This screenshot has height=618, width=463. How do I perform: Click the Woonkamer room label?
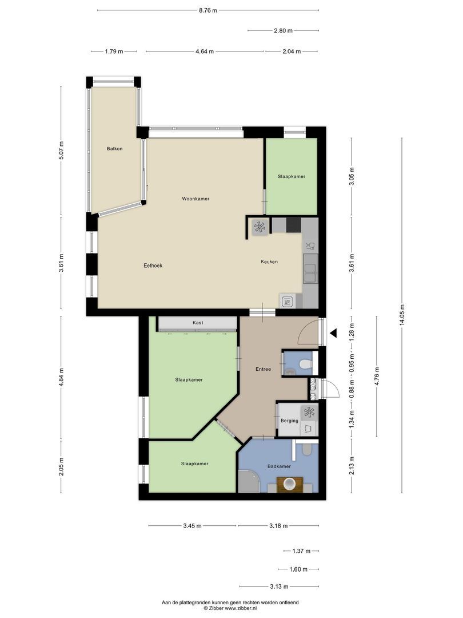tap(195, 199)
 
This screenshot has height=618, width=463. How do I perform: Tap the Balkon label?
tap(114, 149)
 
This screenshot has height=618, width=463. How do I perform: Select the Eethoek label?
tap(153, 266)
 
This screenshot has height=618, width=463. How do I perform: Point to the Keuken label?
tap(269, 262)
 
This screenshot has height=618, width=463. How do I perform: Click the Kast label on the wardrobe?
tap(198, 323)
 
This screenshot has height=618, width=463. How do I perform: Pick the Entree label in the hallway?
tap(263, 369)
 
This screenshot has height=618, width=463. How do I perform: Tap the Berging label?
tap(289, 421)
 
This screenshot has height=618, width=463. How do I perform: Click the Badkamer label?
tap(279, 466)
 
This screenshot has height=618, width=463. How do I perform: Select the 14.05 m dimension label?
tap(402, 315)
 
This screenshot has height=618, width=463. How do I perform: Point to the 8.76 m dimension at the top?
tap(207, 10)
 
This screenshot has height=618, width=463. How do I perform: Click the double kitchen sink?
tap(310, 272)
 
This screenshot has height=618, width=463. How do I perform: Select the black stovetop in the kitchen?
tap(293, 225)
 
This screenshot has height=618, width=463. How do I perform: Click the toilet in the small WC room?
tap(305, 363)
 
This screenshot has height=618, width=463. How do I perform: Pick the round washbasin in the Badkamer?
tap(289, 485)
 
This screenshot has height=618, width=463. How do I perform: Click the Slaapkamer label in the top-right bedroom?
tap(292, 177)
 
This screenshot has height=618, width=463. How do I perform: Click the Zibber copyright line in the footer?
tap(230, 609)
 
